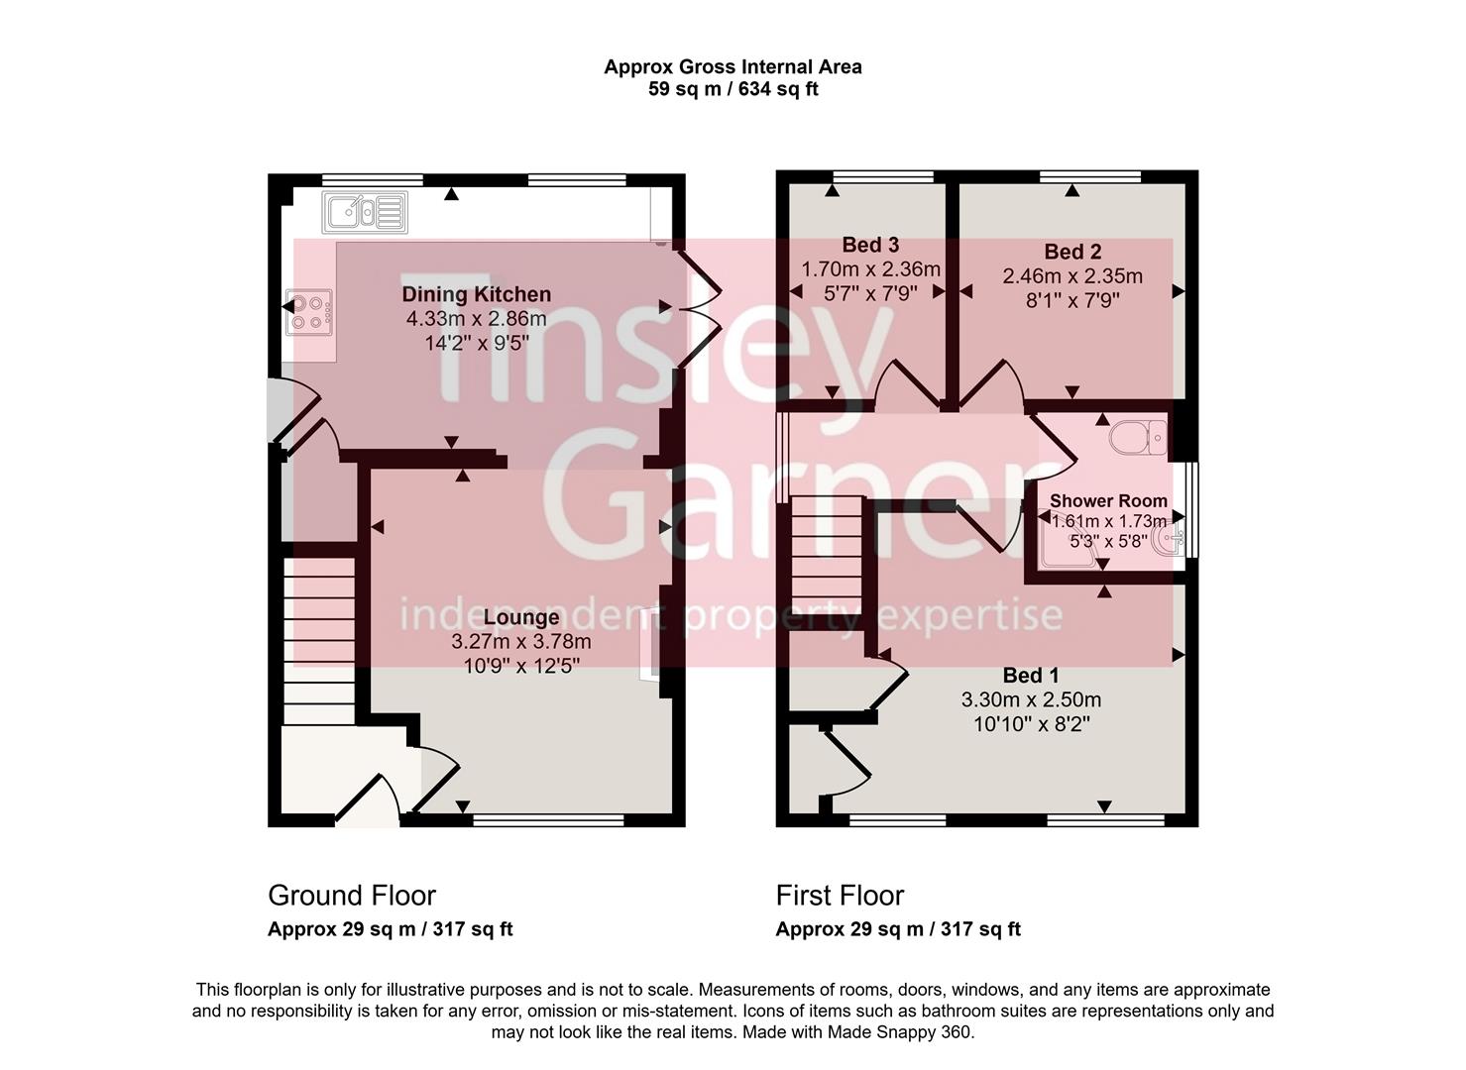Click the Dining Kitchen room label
[476, 294]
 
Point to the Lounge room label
[520, 617]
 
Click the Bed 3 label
[870, 245]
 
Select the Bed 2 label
[1072, 252]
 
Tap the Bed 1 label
[1031, 676]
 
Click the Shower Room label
[1108, 500]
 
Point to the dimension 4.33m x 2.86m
[476, 319]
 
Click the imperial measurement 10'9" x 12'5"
[520, 666]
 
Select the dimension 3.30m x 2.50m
[1031, 699]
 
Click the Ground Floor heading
[352, 896]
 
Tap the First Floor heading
[840, 896]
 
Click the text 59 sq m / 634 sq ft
[733, 90]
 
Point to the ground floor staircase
[319, 640]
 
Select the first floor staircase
[826, 560]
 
